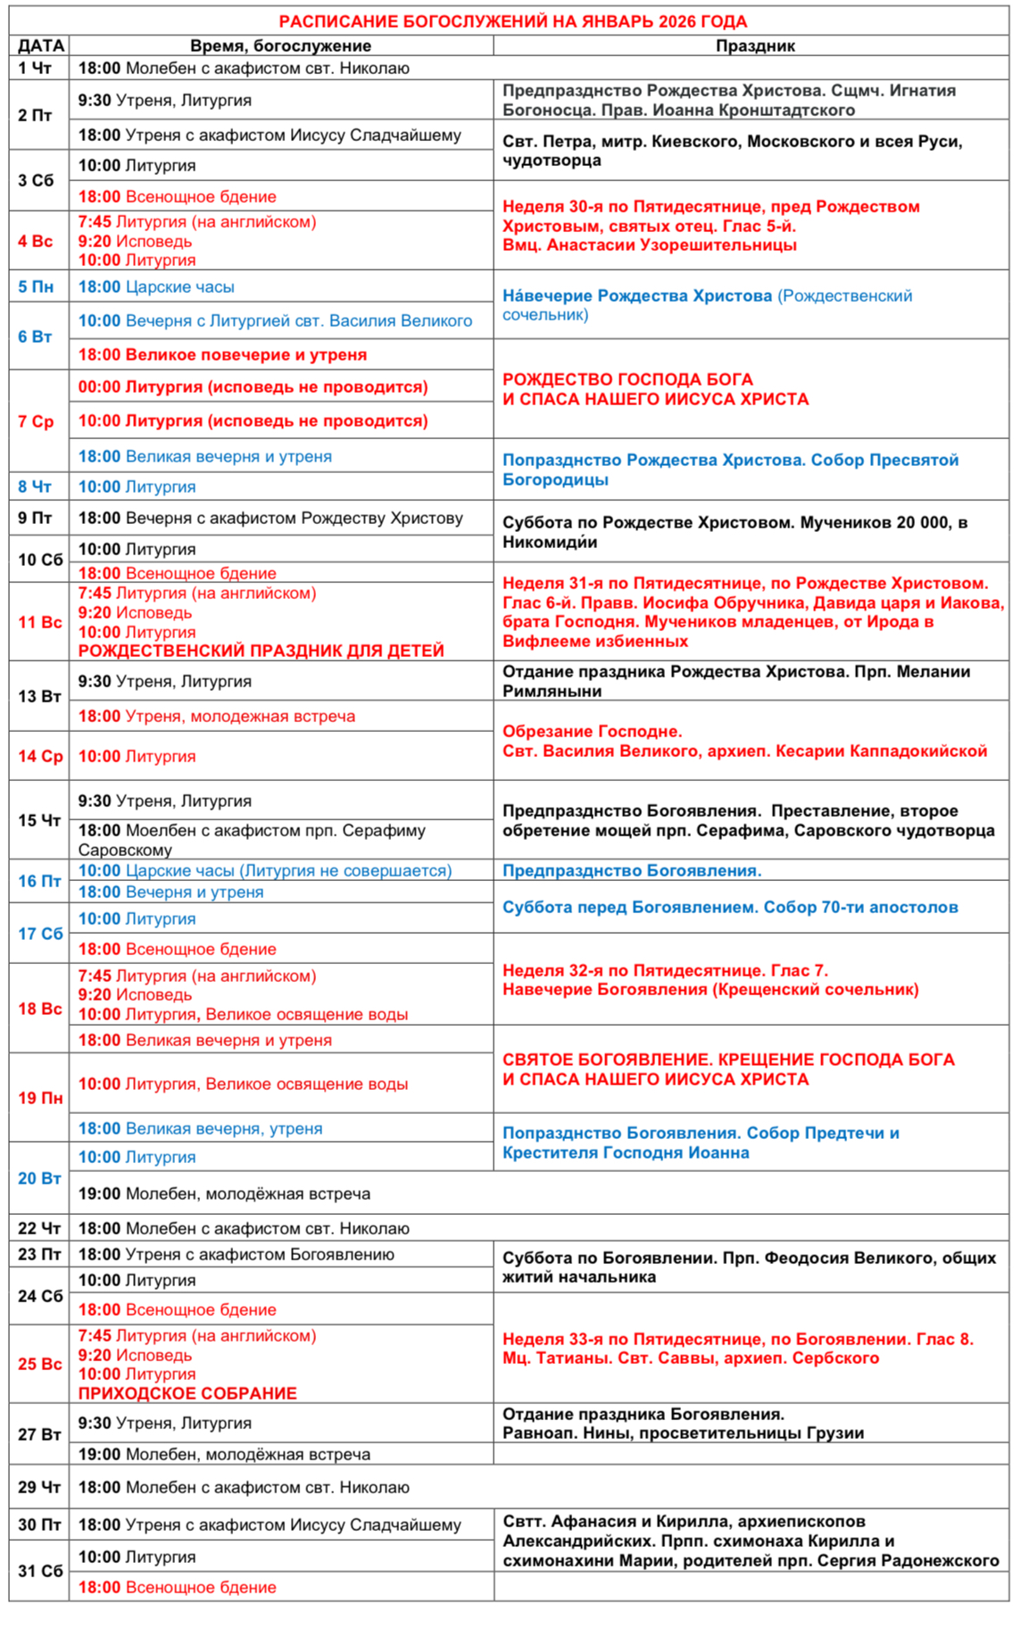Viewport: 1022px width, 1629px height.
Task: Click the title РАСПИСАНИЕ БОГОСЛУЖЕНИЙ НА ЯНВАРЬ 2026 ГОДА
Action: (x=512, y=21)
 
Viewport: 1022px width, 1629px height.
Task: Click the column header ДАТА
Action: (x=40, y=46)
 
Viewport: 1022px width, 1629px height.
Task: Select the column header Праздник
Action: (x=754, y=46)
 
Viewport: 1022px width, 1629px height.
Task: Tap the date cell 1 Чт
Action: (x=36, y=68)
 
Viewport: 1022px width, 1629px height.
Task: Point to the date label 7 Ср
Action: (x=36, y=421)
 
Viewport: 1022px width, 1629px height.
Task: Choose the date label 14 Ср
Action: (x=40, y=756)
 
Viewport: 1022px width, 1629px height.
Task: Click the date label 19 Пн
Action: (x=40, y=1097)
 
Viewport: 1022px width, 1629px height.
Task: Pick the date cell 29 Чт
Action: (x=39, y=1487)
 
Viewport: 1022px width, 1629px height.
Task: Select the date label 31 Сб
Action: (x=40, y=1570)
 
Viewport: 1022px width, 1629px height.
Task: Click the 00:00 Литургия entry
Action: (x=253, y=387)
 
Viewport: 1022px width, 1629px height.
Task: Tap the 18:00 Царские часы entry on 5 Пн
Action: (x=156, y=287)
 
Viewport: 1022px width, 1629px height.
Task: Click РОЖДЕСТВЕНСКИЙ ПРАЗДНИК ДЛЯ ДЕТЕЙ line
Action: (x=261, y=651)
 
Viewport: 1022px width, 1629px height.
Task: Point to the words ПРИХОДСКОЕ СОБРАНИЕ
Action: (x=187, y=1393)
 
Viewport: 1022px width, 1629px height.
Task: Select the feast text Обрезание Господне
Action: (x=592, y=732)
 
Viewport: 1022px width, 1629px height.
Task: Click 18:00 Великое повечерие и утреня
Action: (x=222, y=354)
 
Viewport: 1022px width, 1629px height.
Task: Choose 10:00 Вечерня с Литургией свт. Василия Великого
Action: (x=275, y=320)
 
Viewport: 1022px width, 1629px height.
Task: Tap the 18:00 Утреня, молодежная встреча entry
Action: (x=216, y=716)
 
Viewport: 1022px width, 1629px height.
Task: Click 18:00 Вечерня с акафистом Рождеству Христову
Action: (x=270, y=518)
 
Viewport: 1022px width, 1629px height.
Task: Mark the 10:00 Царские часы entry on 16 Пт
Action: (x=264, y=870)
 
